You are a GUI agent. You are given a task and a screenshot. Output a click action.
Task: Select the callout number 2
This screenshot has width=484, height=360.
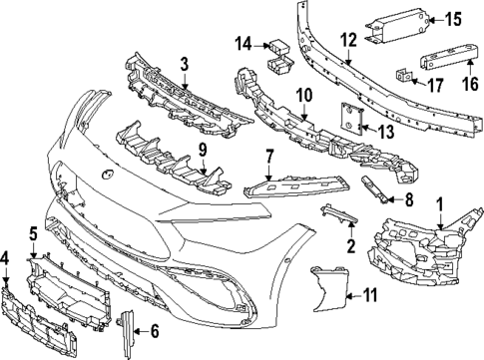[x=349, y=244]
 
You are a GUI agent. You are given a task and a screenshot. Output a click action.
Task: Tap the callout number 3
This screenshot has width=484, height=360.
[x=184, y=66]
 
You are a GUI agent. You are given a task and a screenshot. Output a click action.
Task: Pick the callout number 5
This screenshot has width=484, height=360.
[x=33, y=233]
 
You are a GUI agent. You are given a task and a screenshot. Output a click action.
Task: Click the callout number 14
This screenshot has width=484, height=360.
[x=242, y=43]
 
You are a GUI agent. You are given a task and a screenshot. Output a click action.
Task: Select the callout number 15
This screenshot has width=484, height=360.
[x=452, y=18]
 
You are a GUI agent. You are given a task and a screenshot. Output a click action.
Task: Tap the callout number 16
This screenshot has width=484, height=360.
[x=461, y=86]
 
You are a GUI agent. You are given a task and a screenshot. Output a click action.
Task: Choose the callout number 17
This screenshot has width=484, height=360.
[x=435, y=85]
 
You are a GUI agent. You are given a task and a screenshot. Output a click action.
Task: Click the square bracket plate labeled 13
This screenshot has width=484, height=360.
[x=352, y=118]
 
